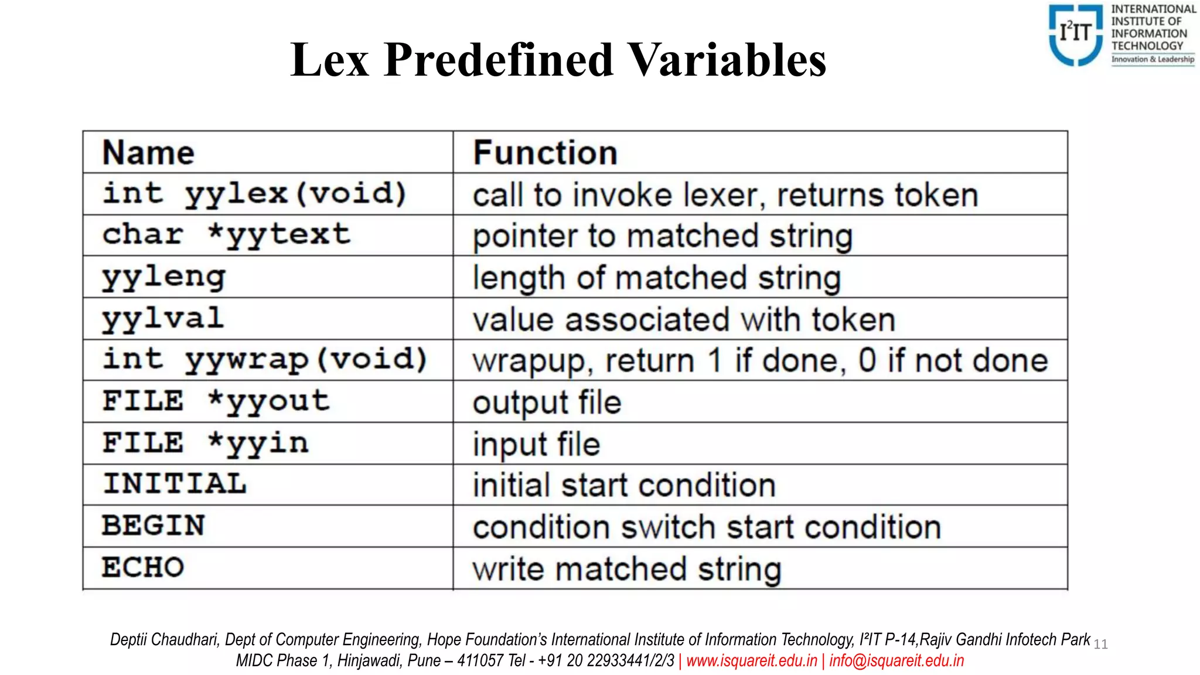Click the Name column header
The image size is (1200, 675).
click(x=148, y=153)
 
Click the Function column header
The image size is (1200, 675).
click(x=545, y=153)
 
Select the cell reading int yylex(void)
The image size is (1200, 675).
click(x=254, y=194)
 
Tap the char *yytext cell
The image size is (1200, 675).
click(x=226, y=235)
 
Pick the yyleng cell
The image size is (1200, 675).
click(x=164, y=277)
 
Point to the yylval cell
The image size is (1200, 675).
click(x=163, y=319)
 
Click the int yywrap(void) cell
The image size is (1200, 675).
click(x=265, y=360)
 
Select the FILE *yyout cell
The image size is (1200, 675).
click(x=216, y=401)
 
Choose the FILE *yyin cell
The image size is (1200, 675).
click(x=205, y=443)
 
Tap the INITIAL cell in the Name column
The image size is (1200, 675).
click(x=175, y=484)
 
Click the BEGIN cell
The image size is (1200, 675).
click(x=154, y=526)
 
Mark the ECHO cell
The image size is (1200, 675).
click(x=143, y=567)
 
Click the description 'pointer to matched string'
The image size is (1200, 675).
click(x=662, y=236)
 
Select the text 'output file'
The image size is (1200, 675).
click(x=547, y=403)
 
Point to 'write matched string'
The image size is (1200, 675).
click(x=627, y=569)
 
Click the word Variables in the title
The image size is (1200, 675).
click(x=727, y=60)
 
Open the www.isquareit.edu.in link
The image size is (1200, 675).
click(x=751, y=661)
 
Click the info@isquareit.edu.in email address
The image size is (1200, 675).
click(x=896, y=661)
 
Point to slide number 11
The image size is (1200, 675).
click(x=1100, y=645)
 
